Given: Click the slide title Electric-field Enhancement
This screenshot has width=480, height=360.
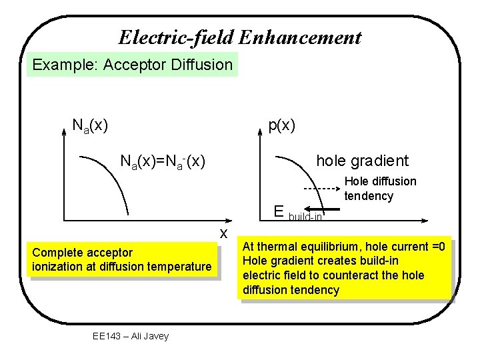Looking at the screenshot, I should [240, 37].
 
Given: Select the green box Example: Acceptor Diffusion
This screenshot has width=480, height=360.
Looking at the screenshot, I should [132, 65].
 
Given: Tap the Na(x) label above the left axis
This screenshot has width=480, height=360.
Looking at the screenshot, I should [90, 125].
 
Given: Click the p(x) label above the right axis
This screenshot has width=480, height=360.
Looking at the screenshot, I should [281, 125].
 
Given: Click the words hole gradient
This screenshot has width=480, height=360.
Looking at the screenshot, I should [362, 161].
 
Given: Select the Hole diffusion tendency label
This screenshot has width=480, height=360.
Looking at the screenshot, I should [380, 188].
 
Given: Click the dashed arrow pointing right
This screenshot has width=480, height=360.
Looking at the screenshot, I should [317, 189].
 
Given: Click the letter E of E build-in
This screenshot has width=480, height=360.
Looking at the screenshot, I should [279, 212].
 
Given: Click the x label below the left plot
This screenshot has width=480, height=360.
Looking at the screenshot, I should [225, 232].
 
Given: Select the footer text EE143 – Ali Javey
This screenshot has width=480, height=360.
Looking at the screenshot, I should [131, 336].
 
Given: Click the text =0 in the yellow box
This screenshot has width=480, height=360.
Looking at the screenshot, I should [437, 246].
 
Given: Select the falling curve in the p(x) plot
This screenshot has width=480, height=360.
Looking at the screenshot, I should [307, 175].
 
